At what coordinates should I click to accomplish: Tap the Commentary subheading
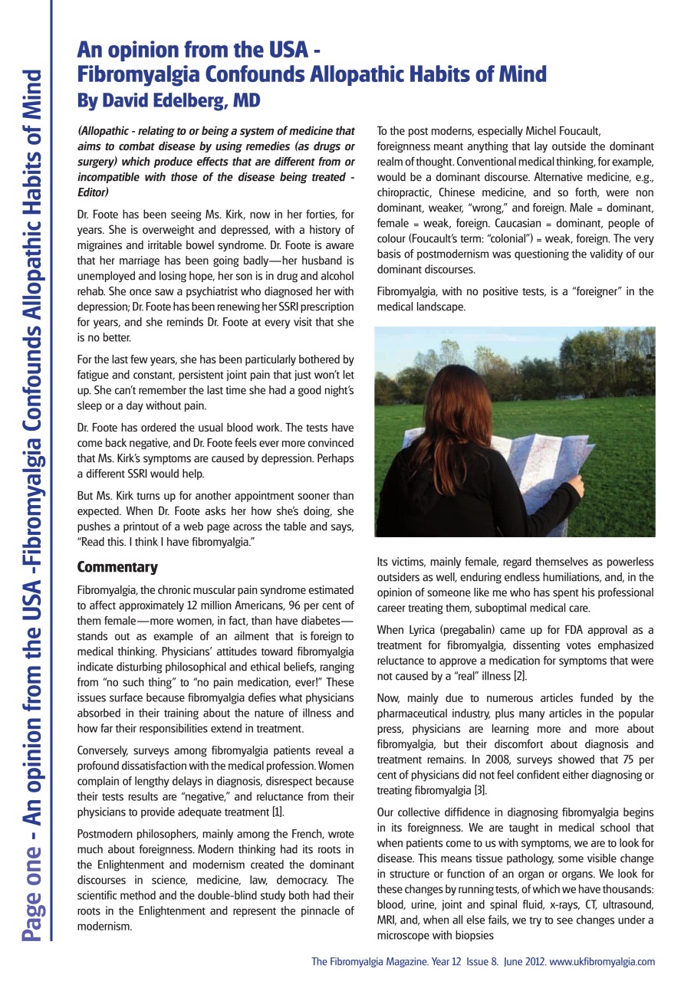coord(117,568)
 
